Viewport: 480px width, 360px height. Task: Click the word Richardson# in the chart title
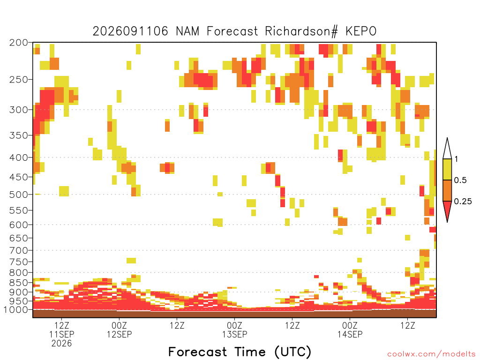coord(301,31)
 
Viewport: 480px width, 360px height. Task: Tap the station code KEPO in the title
coord(361,31)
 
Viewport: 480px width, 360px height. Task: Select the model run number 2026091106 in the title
coord(130,31)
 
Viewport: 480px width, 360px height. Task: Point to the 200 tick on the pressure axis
coord(19,43)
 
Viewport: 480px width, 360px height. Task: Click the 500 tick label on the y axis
coord(19,195)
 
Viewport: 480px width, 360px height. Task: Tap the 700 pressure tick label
coord(19,250)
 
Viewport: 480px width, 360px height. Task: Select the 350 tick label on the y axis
coord(19,135)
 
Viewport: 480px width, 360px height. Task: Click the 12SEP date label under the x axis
coord(120,334)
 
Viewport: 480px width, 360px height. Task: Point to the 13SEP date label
coord(234,334)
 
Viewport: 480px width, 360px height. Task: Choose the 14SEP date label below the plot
coord(350,334)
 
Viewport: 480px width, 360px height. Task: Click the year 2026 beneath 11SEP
coord(61,344)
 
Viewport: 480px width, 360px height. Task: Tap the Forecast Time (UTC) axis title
coord(240,352)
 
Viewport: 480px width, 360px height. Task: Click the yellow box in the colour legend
coord(447,169)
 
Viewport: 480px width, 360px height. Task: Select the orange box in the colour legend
coord(447,190)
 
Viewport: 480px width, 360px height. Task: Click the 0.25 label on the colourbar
coord(463,202)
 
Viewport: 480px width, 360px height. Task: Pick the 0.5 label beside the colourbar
coord(460,180)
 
